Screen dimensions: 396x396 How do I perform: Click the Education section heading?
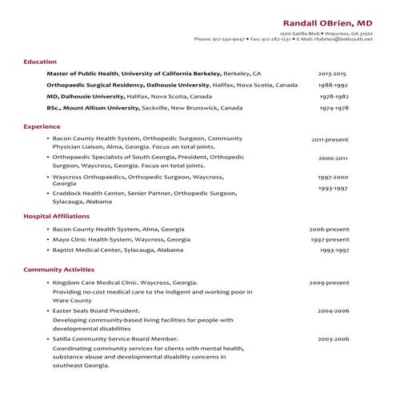[x=39, y=62]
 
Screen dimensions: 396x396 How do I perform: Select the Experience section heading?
[x=42, y=126]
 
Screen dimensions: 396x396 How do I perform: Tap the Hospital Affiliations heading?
[x=55, y=217]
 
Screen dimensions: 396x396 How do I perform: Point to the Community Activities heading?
[x=58, y=270]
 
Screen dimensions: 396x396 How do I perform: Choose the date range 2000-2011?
[x=332, y=158]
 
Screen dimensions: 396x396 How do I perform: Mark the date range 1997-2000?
[x=333, y=177]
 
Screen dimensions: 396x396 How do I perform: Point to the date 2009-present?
[x=329, y=282]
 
